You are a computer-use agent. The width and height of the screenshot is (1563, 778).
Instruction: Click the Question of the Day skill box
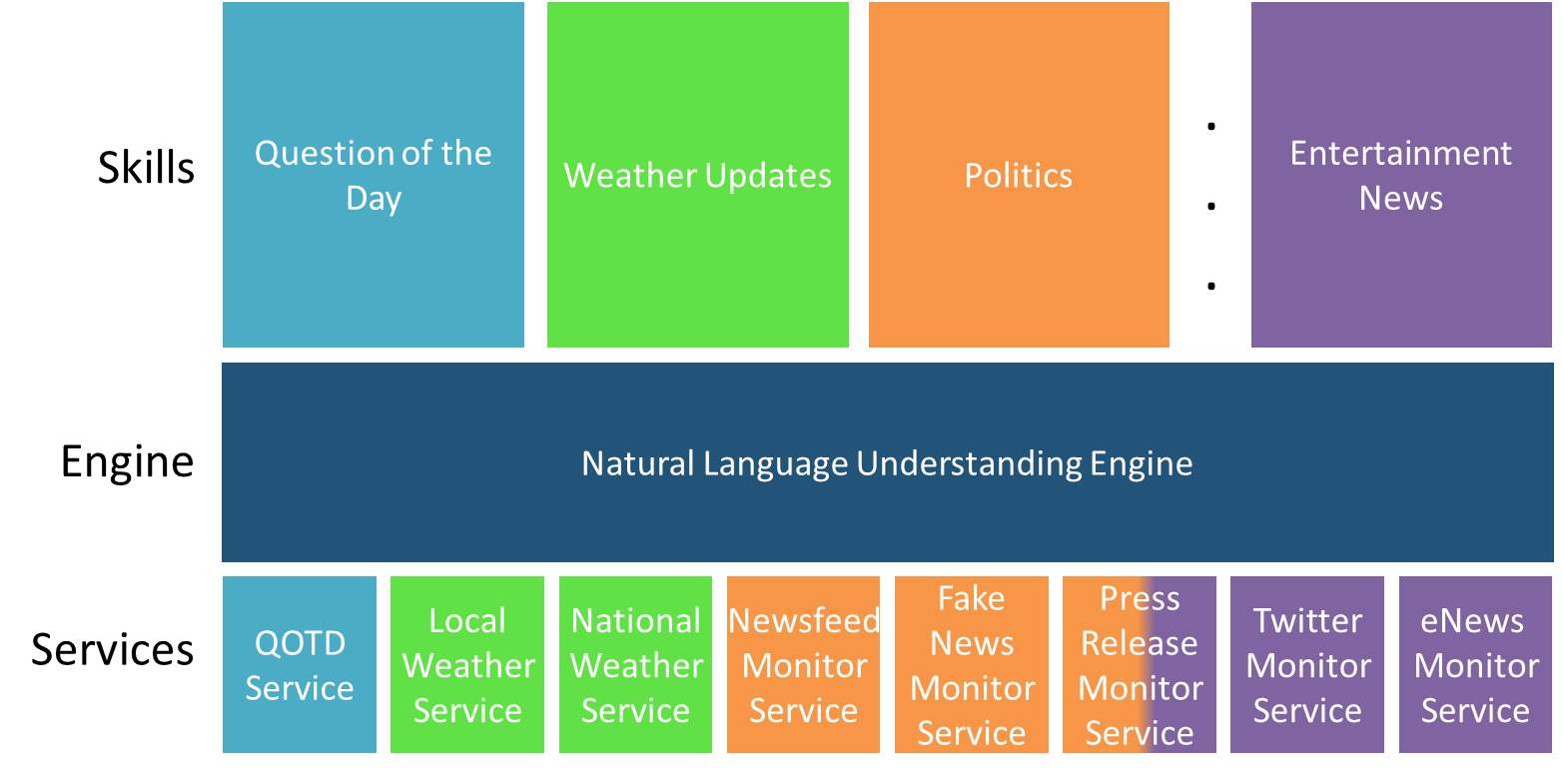pos(374,175)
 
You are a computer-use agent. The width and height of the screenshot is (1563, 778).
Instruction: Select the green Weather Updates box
pos(698,175)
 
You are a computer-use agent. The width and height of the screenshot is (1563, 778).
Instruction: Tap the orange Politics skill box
pos(1019,175)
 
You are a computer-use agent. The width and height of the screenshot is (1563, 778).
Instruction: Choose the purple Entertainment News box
pos(1401,175)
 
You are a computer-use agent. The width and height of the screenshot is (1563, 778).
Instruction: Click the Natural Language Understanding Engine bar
pos(888,462)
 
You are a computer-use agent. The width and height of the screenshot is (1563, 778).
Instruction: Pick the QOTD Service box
pos(300,664)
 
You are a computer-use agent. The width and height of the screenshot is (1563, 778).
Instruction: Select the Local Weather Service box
pos(466,664)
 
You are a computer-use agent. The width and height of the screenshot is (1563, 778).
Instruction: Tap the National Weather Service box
pos(635,664)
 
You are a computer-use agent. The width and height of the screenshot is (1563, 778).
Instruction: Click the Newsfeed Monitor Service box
pos(803,664)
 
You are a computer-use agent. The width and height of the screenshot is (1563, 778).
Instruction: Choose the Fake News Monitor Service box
pos(972,664)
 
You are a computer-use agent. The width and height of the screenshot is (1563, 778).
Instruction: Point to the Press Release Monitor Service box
pos(1140,664)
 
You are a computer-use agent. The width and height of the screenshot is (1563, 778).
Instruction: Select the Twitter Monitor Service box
pos(1307,664)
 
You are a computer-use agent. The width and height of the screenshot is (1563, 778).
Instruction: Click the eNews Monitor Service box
pos(1475,664)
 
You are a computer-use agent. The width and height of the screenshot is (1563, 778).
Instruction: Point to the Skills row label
pos(146,168)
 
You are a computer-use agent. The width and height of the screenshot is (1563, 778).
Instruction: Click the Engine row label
pos(127,462)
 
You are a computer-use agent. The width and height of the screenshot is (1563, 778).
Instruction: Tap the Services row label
pos(112,649)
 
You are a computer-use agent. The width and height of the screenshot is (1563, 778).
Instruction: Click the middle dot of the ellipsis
pos(1211,206)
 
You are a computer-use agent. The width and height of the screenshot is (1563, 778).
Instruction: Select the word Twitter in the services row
pos(1307,620)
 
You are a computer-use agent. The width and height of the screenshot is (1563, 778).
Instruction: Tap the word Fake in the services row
pos(972,598)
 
